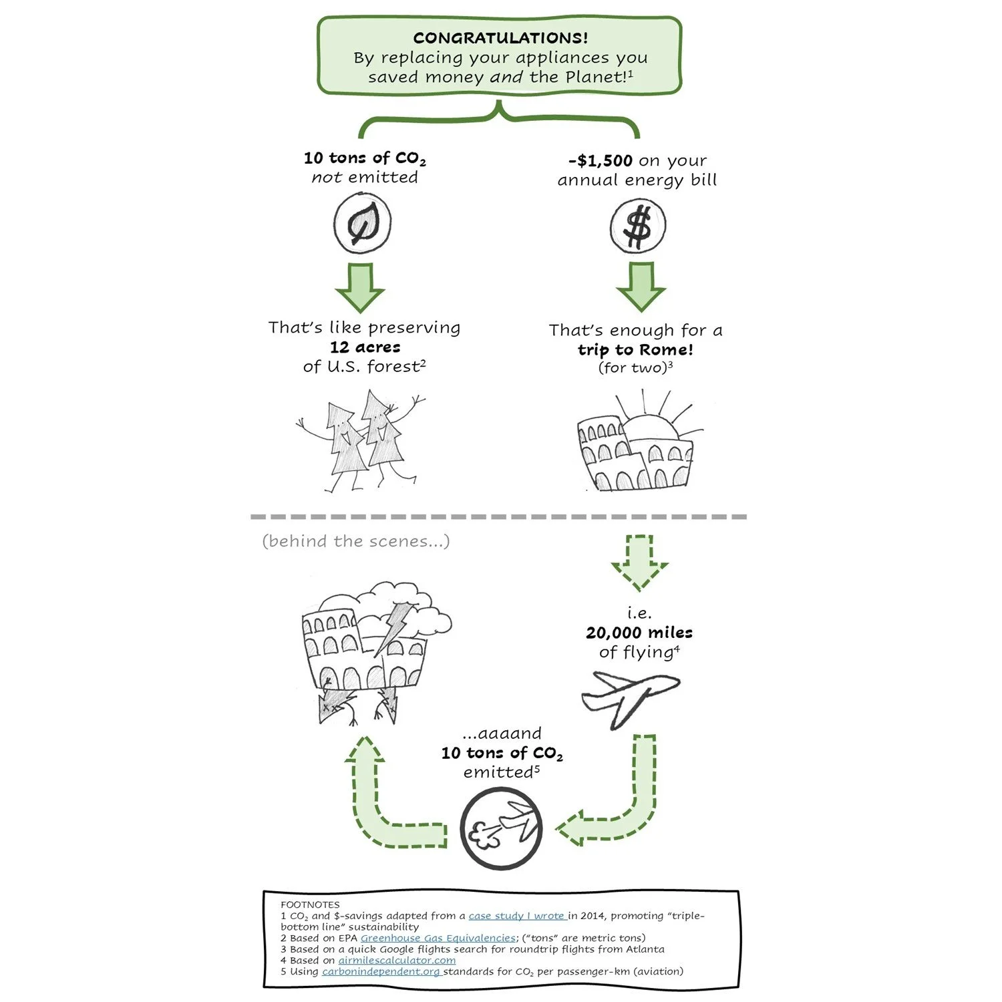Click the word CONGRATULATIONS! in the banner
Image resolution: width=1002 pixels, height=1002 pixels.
coord(500,38)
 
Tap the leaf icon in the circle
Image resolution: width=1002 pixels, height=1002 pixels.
coord(362,224)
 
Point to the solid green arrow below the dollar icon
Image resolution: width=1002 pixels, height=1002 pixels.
coord(641,287)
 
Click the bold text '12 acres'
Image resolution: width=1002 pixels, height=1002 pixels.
coord(365,347)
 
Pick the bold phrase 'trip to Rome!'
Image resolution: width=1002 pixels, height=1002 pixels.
coord(635,350)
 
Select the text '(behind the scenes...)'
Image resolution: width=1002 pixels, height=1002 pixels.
coord(356,541)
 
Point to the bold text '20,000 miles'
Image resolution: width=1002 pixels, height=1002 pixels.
coord(639,633)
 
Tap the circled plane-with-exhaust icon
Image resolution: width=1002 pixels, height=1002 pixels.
coord(501,829)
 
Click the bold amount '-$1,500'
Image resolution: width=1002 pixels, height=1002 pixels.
coord(601,161)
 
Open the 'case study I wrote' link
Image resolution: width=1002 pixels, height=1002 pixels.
coord(517,916)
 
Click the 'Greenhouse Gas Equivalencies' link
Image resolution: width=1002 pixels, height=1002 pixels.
coord(438,938)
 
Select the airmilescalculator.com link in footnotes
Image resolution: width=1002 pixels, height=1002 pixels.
coord(397,961)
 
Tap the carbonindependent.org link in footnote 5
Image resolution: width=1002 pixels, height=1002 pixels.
coord(381,971)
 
